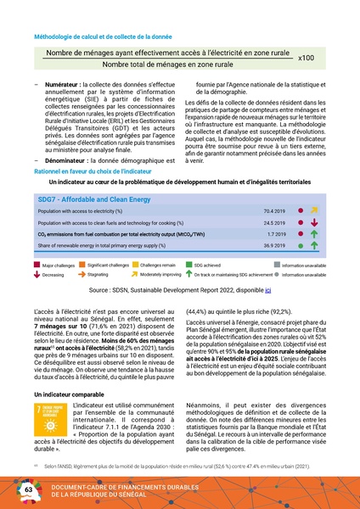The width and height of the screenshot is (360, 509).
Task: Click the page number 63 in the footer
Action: (x=28, y=491)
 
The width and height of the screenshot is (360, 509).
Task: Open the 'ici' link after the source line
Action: (x=268, y=290)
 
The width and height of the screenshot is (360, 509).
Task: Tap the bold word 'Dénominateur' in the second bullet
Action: (x=64, y=160)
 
